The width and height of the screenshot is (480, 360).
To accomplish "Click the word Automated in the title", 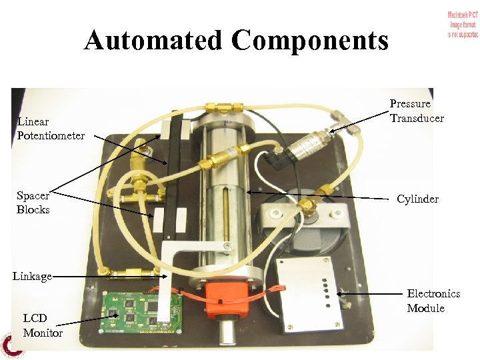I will click(x=154, y=41).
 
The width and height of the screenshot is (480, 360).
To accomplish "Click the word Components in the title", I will click(x=310, y=41).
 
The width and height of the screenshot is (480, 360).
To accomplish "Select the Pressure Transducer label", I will click(x=417, y=111).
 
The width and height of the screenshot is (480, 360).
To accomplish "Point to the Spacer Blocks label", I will click(x=33, y=203).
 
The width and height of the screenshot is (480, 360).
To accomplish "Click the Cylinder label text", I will click(x=417, y=199).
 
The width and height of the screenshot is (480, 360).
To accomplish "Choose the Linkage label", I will click(x=32, y=276).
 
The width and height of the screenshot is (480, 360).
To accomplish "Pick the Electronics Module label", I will click(x=433, y=301).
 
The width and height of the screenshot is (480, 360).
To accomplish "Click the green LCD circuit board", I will click(x=141, y=312).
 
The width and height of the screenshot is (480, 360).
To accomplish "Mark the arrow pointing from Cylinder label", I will click(x=320, y=195).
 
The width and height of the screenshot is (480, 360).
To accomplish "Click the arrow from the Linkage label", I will click(x=107, y=276).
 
